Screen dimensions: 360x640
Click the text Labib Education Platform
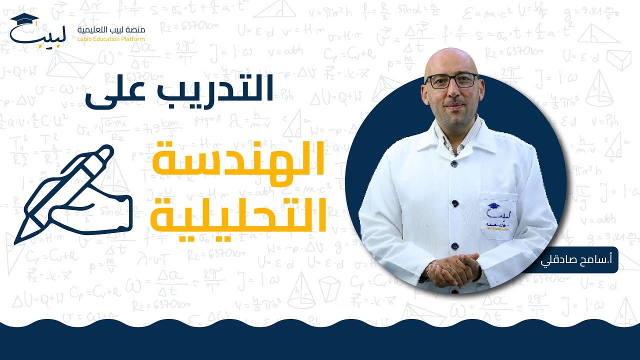coord(111,39)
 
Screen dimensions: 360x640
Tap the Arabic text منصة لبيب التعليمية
coord(111,29)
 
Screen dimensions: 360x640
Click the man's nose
coord(452,92)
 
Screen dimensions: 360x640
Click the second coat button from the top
coord(454,202)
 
